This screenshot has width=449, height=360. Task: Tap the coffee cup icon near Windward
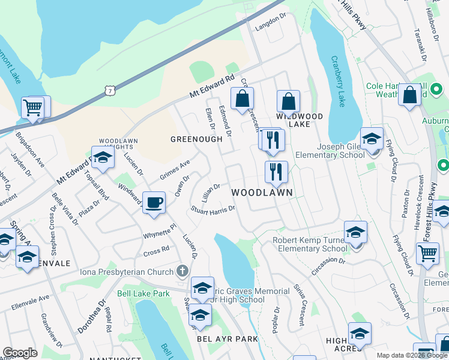tap(154, 202)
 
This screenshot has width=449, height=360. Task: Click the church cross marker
tap(182, 271)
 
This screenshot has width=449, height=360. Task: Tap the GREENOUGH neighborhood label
tap(196, 139)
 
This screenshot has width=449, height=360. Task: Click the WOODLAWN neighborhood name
tap(262, 193)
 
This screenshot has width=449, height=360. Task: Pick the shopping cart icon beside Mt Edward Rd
tap(33, 108)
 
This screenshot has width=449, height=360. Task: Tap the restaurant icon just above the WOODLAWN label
tap(276, 172)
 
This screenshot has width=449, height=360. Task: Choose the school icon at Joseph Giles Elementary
tap(372, 139)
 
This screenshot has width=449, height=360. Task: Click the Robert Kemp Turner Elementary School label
tap(310, 244)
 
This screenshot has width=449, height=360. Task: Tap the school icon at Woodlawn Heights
tap(103, 158)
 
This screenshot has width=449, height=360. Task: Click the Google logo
tap(20, 353)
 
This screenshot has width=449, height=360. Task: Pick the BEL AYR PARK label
tap(228, 339)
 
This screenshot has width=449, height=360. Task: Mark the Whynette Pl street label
tap(159, 232)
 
